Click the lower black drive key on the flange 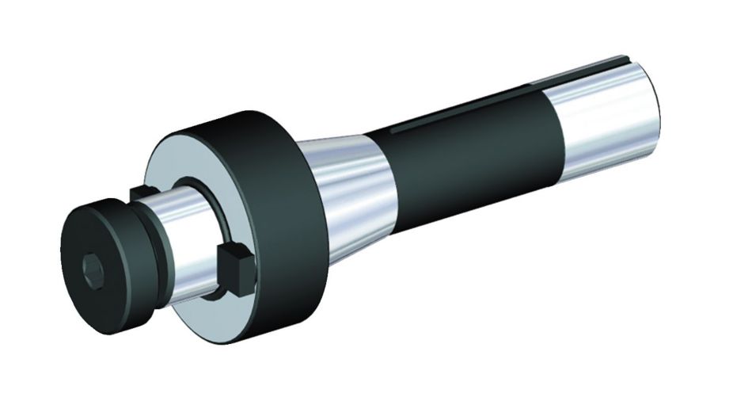(234, 262)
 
